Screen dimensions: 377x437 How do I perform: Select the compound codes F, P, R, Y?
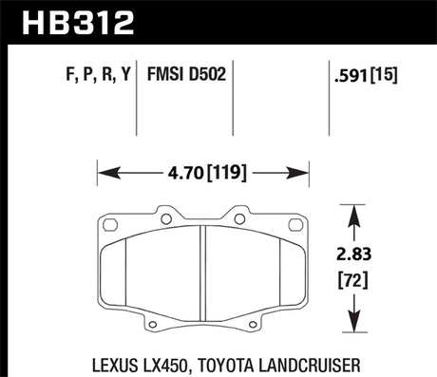(94, 73)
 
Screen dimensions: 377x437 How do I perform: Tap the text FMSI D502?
(186, 73)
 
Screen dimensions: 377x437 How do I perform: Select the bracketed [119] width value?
(229, 174)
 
